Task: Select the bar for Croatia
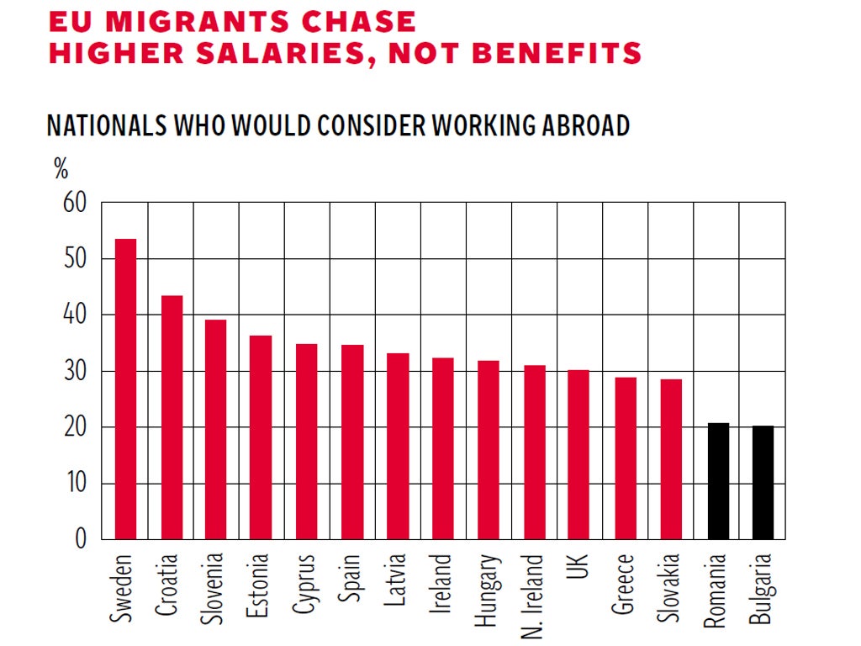point(172,417)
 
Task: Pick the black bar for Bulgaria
point(763,483)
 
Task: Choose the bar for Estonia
point(261,437)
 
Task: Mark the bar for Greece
point(626,458)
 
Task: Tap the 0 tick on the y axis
point(81,539)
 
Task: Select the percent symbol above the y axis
point(61,169)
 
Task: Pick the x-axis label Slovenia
point(216,589)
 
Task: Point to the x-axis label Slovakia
point(671,589)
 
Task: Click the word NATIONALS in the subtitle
point(107,125)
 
